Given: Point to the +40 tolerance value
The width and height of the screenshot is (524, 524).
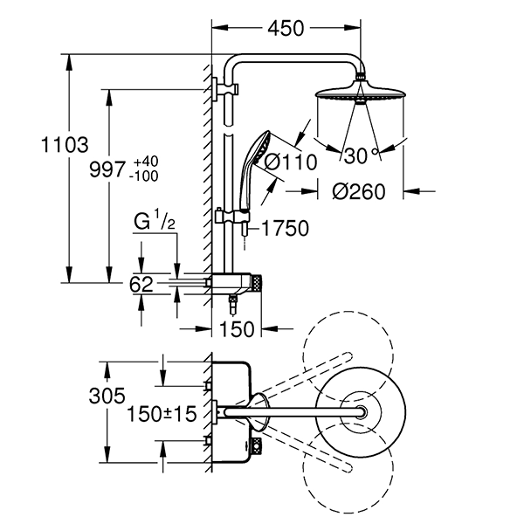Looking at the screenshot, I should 147,162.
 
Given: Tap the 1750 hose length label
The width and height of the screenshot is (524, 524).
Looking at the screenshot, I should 284,229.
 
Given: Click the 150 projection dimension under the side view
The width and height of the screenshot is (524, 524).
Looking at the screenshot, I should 236,329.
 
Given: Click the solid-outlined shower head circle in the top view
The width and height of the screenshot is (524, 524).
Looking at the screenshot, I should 358,410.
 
